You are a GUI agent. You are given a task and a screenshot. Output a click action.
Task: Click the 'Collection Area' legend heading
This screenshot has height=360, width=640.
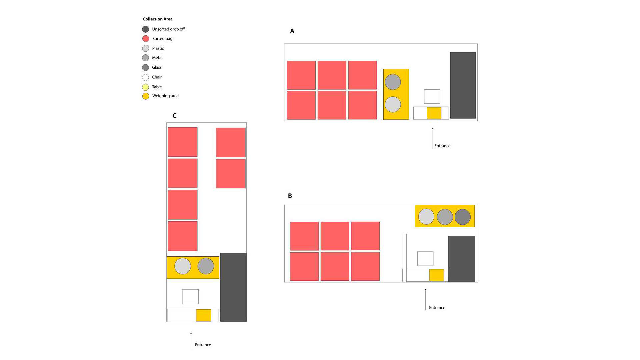pyautogui.click(x=158, y=19)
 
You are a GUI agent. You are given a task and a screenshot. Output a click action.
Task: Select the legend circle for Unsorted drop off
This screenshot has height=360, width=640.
pyautogui.click(x=146, y=29)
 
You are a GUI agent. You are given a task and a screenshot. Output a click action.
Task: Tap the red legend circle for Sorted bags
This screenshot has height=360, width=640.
pyautogui.click(x=146, y=39)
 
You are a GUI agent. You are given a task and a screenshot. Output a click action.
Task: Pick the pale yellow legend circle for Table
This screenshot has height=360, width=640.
pyautogui.click(x=146, y=87)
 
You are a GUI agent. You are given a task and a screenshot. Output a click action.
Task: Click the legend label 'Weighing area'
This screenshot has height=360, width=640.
pyautogui.click(x=165, y=96)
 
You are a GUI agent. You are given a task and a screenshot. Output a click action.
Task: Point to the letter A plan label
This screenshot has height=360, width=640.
pyautogui.click(x=292, y=31)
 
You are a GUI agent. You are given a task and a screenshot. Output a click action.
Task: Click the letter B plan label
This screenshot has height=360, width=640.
pyautogui.click(x=290, y=196)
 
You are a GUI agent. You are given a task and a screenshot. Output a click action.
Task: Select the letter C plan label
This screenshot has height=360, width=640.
pyautogui.click(x=174, y=116)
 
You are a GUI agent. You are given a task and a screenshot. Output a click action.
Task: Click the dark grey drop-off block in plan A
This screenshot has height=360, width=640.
pyautogui.click(x=463, y=85)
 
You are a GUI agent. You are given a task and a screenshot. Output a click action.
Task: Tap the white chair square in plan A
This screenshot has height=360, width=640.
pyautogui.click(x=432, y=96)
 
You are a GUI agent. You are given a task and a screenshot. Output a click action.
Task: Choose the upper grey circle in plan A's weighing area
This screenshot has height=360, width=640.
pyautogui.click(x=393, y=82)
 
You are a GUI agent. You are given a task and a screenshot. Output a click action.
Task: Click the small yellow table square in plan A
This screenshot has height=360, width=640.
pyautogui.click(x=434, y=113)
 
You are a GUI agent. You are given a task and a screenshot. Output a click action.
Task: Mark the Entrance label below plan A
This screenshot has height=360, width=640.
pyautogui.click(x=442, y=146)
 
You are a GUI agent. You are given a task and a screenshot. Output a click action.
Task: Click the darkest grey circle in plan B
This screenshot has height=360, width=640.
pyautogui.click(x=463, y=217)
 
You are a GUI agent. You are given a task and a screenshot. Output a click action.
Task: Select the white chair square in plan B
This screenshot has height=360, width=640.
pyautogui.click(x=425, y=259)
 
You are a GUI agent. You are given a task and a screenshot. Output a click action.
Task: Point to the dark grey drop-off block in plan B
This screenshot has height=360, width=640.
pyautogui.click(x=462, y=259)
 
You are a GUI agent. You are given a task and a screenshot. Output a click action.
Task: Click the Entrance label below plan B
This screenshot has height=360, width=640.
pyautogui.click(x=437, y=308)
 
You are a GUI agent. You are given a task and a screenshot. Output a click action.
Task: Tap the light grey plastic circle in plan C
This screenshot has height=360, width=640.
pyautogui.click(x=183, y=266)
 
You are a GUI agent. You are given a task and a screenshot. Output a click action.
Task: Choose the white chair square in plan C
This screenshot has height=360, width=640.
pyautogui.click(x=190, y=297)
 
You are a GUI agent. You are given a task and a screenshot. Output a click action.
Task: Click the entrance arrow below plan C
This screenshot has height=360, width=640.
pyautogui.click(x=191, y=340)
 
